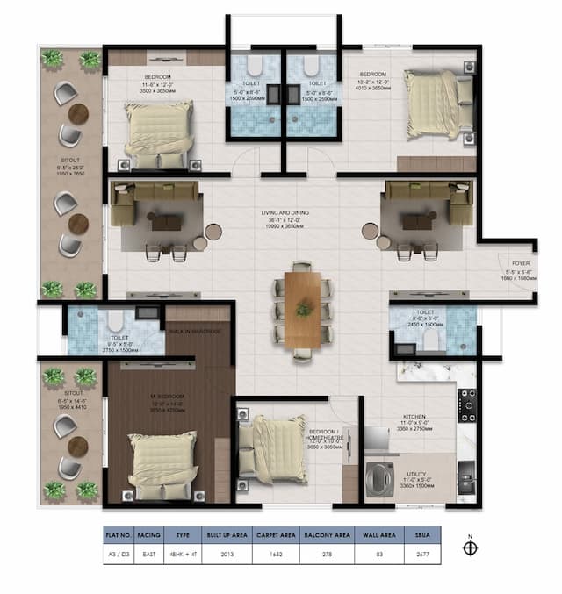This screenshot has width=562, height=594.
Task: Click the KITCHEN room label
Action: click(414, 419)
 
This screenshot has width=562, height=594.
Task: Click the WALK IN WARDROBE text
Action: click(194, 331)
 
